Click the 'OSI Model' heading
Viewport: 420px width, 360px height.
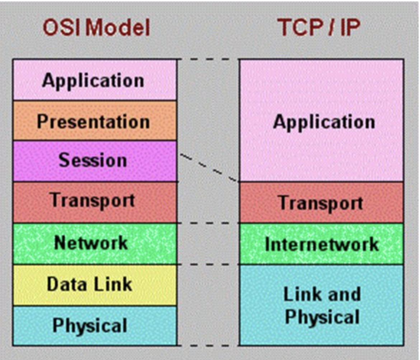click(x=96, y=28)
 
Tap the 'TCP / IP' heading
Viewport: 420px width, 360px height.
click(x=318, y=28)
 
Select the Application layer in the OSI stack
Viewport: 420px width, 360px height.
click(x=94, y=80)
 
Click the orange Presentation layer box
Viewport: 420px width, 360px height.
click(x=94, y=121)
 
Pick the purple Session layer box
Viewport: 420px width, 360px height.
click(x=94, y=161)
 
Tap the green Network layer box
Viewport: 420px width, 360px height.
click(x=94, y=243)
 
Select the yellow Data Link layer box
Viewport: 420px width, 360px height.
click(x=94, y=285)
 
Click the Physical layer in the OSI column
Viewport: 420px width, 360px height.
click(x=94, y=326)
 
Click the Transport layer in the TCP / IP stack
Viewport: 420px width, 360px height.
click(x=322, y=203)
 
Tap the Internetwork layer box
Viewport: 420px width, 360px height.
click(x=322, y=244)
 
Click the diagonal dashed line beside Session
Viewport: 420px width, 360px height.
click(x=208, y=167)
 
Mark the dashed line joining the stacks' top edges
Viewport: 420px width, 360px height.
click(x=208, y=59)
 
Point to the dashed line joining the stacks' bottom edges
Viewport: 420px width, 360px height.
click(x=208, y=346)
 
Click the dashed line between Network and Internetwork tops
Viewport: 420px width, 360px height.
click(x=208, y=223)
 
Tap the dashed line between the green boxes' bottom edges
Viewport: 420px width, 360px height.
click(x=208, y=264)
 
